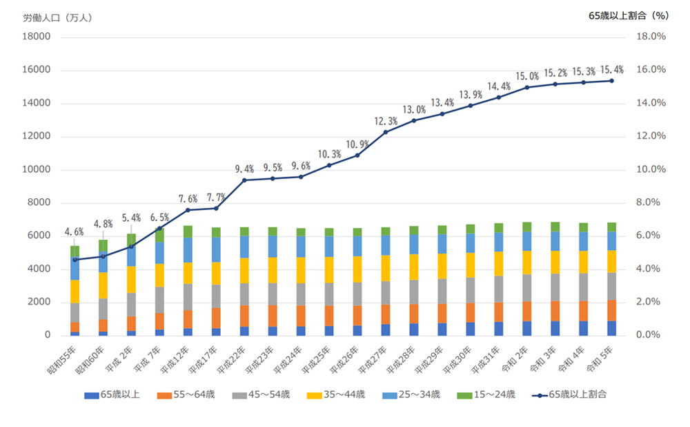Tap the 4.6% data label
click(74, 232)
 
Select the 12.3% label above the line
click(386, 121)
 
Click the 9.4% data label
click(244, 169)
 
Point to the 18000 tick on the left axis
click(39, 37)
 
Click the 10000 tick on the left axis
click(39, 170)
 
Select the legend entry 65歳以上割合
click(578, 395)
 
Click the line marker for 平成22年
click(244, 180)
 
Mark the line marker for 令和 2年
click(526, 87)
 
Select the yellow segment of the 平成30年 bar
click(470, 265)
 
